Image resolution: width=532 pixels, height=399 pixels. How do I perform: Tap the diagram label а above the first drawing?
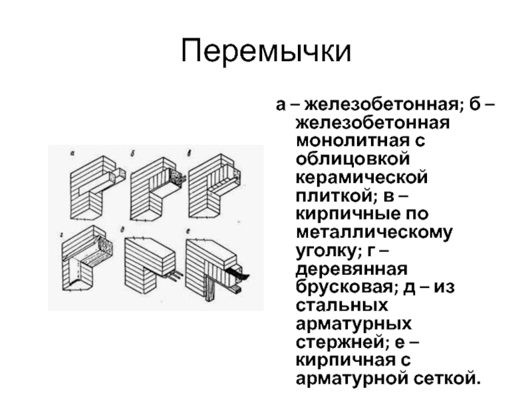tap(72, 154)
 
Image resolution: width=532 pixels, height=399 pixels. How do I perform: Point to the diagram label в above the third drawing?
tap(190, 154)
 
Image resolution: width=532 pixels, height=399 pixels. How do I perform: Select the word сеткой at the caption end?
tap(445, 378)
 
